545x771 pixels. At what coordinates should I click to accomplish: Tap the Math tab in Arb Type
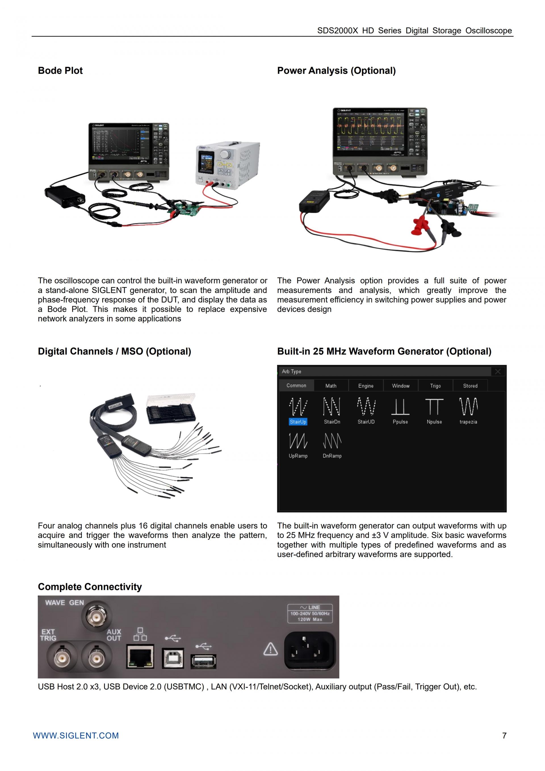pyautogui.click(x=331, y=386)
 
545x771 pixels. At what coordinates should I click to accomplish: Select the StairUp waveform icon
pyautogui.click(x=298, y=407)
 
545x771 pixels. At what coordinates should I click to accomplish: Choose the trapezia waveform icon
pyautogui.click(x=468, y=407)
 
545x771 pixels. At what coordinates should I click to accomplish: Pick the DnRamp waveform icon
pyautogui.click(x=332, y=441)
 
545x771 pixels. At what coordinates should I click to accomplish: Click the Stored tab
pyautogui.click(x=470, y=386)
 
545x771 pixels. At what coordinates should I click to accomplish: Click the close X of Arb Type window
pyautogui.click(x=498, y=371)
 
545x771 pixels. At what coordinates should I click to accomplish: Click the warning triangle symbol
pyautogui.click(x=271, y=649)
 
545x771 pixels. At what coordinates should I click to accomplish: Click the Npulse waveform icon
pyautogui.click(x=434, y=407)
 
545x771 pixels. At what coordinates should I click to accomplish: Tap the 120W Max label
pyautogui.click(x=310, y=620)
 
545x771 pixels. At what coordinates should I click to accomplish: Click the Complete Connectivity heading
pyautogui.click(x=90, y=587)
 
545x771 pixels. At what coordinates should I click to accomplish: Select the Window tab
pyautogui.click(x=401, y=386)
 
